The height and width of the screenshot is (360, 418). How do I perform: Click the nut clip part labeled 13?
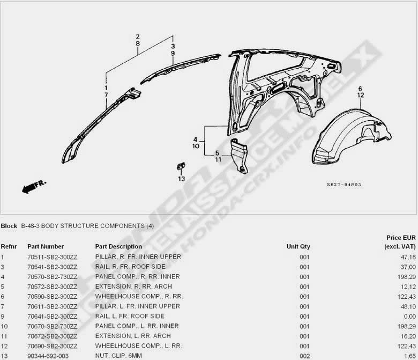(181, 166)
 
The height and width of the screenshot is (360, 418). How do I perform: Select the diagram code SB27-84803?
(344, 185)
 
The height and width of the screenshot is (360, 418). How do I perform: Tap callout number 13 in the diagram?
(182, 179)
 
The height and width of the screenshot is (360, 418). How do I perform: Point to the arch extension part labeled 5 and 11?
(239, 156)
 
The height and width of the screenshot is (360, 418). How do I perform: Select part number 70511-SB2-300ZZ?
(53, 257)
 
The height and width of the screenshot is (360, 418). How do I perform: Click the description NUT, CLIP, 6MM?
(118, 356)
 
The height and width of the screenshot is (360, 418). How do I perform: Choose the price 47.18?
(408, 257)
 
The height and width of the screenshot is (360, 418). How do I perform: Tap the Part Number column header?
(46, 246)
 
